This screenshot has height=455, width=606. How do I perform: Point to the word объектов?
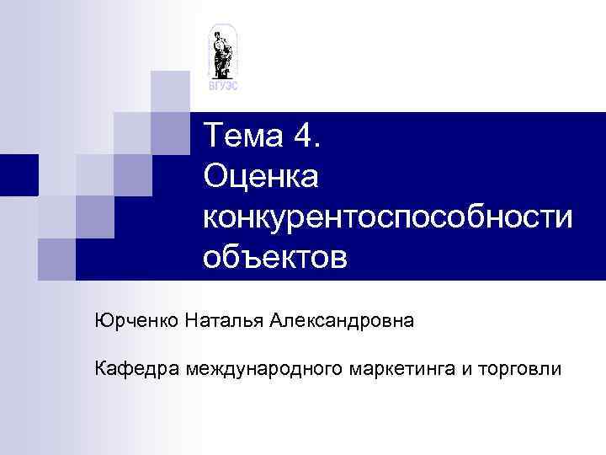[x=274, y=256]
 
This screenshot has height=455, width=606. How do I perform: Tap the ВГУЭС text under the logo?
[x=223, y=86]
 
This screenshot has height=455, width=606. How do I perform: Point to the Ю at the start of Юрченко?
[x=102, y=322]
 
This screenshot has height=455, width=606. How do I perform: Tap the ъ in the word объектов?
[x=245, y=257]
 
